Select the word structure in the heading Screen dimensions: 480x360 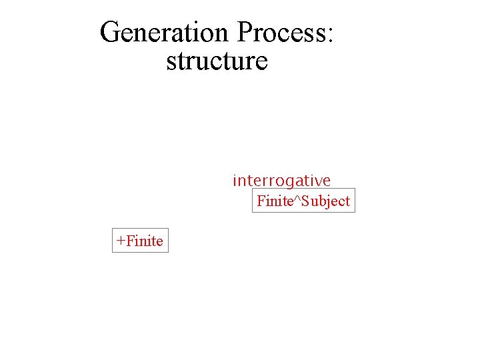(217, 61)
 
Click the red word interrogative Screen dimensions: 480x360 (281, 181)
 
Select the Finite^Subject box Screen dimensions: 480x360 (303, 201)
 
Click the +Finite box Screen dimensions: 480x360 (140, 241)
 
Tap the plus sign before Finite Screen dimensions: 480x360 (120, 241)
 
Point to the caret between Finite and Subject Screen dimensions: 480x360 (297, 198)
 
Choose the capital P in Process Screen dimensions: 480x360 (244, 32)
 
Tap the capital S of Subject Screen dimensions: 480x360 (305, 201)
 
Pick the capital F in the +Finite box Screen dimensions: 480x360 (129, 241)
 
